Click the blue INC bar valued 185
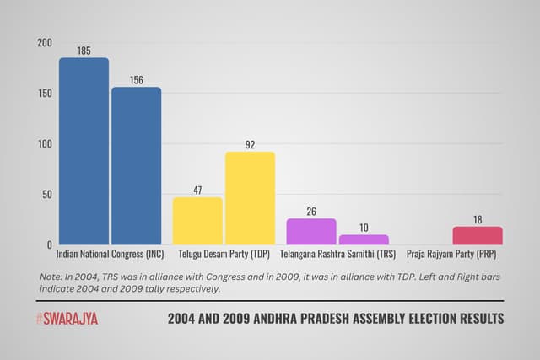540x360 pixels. pyautogui.click(x=84, y=152)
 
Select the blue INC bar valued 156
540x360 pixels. pyautogui.click(x=136, y=166)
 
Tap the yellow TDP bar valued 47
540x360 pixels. pyautogui.click(x=197, y=221)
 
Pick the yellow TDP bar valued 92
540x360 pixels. pyautogui.click(x=250, y=198)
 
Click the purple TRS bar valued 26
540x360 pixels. pyautogui.click(x=311, y=231)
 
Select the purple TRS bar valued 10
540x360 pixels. pyautogui.click(x=364, y=239)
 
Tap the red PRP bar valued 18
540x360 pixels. pyautogui.click(x=477, y=235)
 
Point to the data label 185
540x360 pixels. pyautogui.click(x=84, y=51)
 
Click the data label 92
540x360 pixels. pyautogui.click(x=250, y=145)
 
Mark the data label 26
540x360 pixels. pyautogui.click(x=311, y=212)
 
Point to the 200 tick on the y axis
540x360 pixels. pyautogui.click(x=44, y=43)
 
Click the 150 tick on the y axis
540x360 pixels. pyautogui.click(x=44, y=94)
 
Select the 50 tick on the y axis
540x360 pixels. pyautogui.click(x=46, y=195)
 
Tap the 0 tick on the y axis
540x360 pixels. pyautogui.click(x=49, y=245)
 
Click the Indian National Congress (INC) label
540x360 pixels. pyautogui.click(x=110, y=254)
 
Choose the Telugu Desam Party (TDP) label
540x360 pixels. pyautogui.click(x=224, y=254)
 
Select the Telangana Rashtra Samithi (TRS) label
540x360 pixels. pyautogui.click(x=337, y=254)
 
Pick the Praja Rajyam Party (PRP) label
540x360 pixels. pyautogui.click(x=451, y=254)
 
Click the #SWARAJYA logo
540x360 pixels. pyautogui.click(x=70, y=319)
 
